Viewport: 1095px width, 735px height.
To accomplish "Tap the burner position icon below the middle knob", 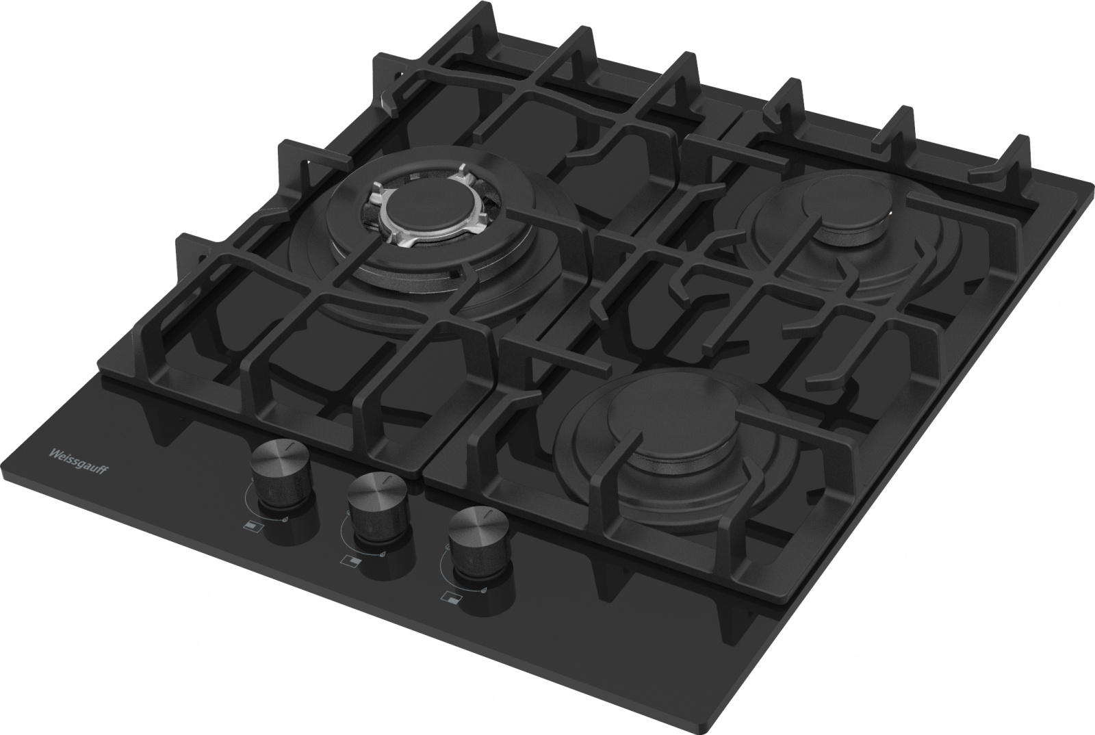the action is [x=350, y=559].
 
